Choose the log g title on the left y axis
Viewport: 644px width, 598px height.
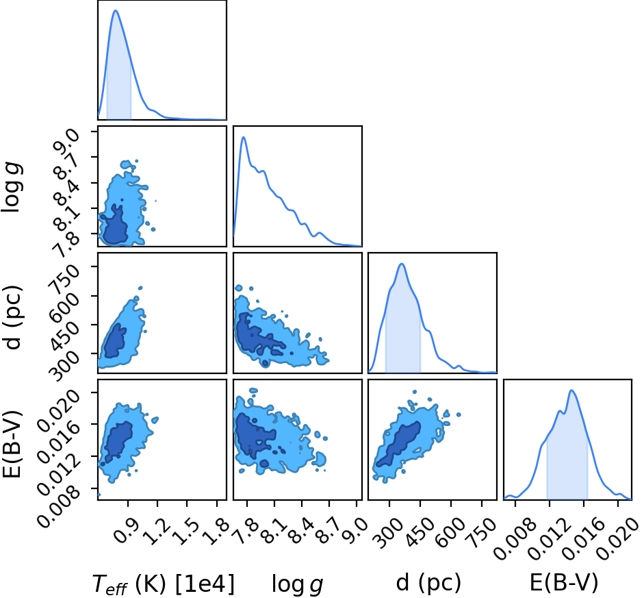pos(12,188)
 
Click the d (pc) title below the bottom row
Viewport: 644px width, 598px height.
pos(428,583)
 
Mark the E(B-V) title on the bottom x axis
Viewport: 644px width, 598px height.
pos(563,583)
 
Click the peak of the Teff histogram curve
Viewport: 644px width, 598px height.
pos(116,10)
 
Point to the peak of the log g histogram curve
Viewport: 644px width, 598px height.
pos(244,137)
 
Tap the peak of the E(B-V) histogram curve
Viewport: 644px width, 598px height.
pos(571,390)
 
